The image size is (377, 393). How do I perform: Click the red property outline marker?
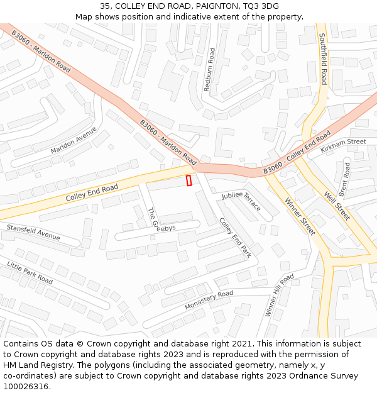tap(188, 180)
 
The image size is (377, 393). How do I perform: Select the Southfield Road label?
tap(323, 59)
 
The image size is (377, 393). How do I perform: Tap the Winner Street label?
tap(300, 217)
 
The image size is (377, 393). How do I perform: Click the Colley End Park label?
tap(234, 237)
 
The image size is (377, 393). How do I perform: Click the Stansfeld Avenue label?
tap(33, 232)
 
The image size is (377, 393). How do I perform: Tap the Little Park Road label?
tap(30, 271)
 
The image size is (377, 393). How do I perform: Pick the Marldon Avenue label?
tap(74, 141)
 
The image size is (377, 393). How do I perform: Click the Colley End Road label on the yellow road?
tap(92, 193)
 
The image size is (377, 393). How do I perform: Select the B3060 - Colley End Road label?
tap(297, 154)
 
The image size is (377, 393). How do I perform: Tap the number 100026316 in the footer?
tap(26, 386)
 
